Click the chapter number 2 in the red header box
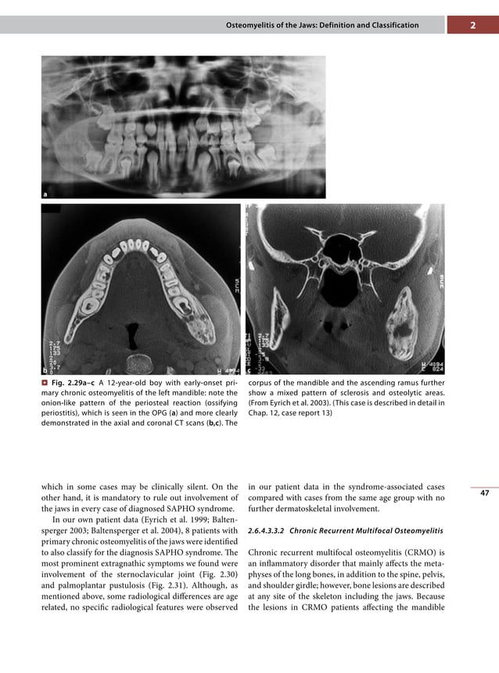(x=473, y=25)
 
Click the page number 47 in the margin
(x=485, y=494)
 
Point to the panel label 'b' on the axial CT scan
(x=45, y=368)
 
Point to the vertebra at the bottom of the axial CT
(x=141, y=361)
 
